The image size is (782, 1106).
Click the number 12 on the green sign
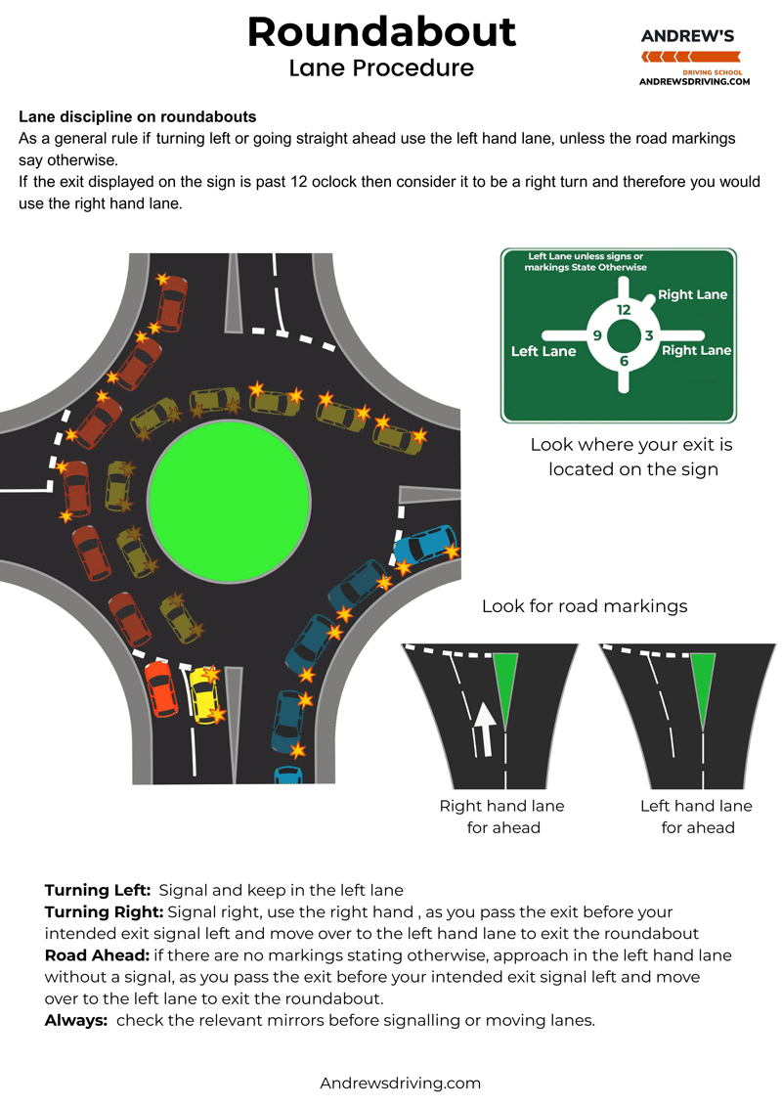[x=624, y=310]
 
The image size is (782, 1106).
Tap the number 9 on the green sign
[x=596, y=335]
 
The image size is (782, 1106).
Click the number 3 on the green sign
[x=649, y=335]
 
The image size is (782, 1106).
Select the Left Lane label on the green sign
[x=543, y=351]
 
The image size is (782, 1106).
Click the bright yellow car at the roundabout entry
[x=204, y=693]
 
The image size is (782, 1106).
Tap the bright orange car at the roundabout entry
[x=160, y=687]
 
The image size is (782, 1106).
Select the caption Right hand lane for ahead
[x=502, y=817]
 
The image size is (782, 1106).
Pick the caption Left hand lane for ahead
[x=697, y=817]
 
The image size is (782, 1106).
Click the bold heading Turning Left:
[x=98, y=890]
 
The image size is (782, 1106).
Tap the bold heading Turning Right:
[x=104, y=911]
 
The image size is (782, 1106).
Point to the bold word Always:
[x=77, y=1020]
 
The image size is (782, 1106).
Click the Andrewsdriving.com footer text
[x=401, y=1083]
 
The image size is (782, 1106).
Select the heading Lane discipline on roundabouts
[x=137, y=116]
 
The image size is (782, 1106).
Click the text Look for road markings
[x=585, y=606]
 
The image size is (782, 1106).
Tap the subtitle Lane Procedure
[x=381, y=67]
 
